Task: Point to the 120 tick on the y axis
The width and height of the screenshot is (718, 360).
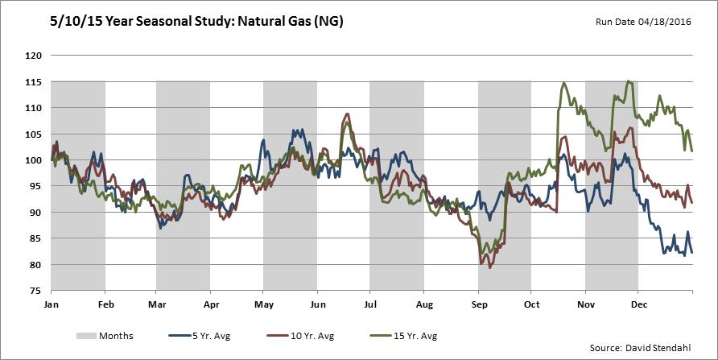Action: pyautogui.click(x=33, y=56)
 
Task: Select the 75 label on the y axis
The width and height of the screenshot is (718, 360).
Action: pyautogui.click(x=36, y=291)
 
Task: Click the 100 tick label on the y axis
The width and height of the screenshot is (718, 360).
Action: pyautogui.click(x=33, y=160)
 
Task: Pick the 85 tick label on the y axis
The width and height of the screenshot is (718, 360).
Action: pyautogui.click(x=36, y=238)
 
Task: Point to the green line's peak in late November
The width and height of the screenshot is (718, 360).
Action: pyautogui.click(x=628, y=81)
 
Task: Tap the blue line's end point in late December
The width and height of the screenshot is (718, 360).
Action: pyautogui.click(x=692, y=252)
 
